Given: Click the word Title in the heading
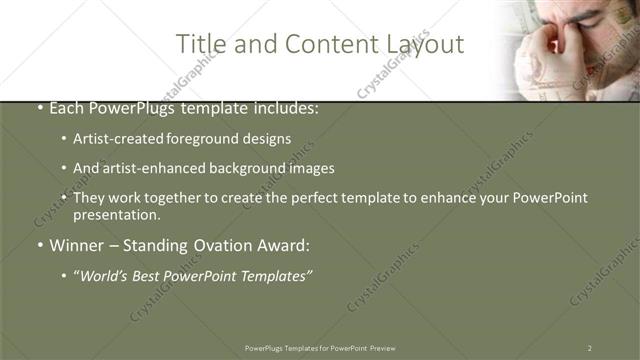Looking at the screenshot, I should [x=198, y=44].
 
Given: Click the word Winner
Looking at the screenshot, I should [x=78, y=246].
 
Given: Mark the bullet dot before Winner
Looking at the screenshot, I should [x=39, y=246].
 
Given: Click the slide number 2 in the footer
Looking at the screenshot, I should [x=589, y=348].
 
